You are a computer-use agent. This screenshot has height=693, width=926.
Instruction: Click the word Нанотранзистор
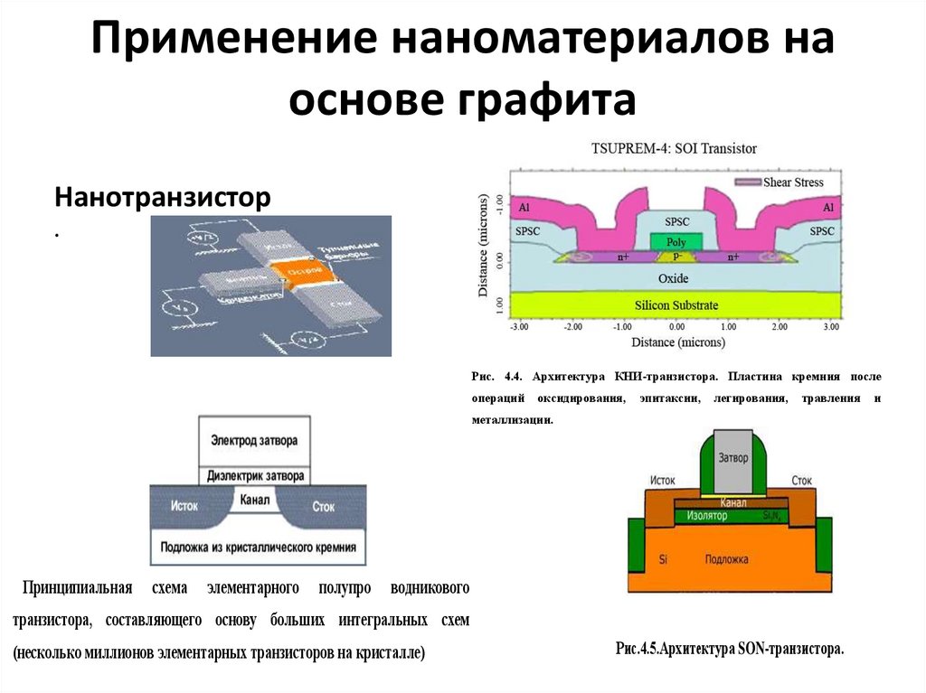tap(163, 196)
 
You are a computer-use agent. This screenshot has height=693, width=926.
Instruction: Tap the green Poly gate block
tap(676, 242)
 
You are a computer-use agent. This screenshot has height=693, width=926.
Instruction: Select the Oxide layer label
tap(674, 277)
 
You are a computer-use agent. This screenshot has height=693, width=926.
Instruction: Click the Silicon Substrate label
tap(676, 305)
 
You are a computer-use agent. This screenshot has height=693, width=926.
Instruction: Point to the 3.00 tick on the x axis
tap(830, 326)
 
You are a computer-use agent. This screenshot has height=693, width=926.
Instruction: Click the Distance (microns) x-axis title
tap(676, 342)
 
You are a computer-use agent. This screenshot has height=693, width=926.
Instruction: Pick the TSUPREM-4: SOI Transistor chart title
tap(674, 148)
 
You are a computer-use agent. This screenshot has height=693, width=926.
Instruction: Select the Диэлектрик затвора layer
tap(256, 475)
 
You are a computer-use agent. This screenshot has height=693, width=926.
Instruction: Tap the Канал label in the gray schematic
tap(256, 499)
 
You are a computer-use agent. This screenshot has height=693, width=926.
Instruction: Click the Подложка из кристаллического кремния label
tap(258, 547)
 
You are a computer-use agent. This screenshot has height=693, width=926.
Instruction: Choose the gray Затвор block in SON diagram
tap(733, 458)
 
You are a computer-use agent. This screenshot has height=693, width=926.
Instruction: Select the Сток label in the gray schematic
tap(324, 506)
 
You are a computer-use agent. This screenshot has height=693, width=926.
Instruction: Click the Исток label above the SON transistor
tap(664, 481)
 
